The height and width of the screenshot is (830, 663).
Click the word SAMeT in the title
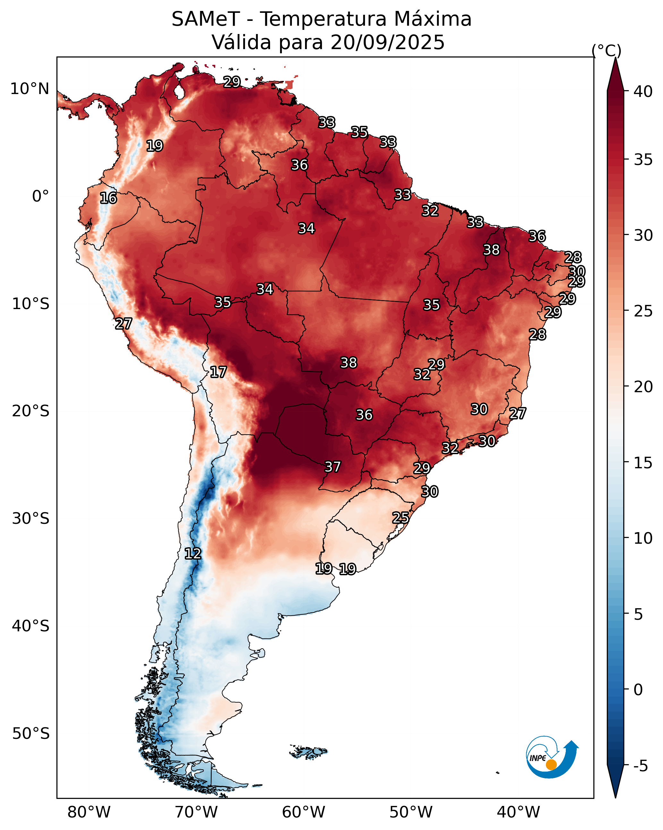[206, 19]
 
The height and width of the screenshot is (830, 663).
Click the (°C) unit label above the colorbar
[607, 50]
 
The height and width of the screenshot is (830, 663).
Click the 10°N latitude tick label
[30, 89]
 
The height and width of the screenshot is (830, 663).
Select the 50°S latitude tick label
[31, 734]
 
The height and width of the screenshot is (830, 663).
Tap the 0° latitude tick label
[40, 196]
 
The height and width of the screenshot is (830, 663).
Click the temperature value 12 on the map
[193, 554]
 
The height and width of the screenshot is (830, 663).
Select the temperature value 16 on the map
[108, 198]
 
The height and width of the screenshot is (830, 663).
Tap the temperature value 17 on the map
[218, 372]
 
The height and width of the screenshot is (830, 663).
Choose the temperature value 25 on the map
[401, 518]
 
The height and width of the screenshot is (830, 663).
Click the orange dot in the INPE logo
[551, 765]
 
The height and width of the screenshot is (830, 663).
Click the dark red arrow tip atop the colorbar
[615, 58]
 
